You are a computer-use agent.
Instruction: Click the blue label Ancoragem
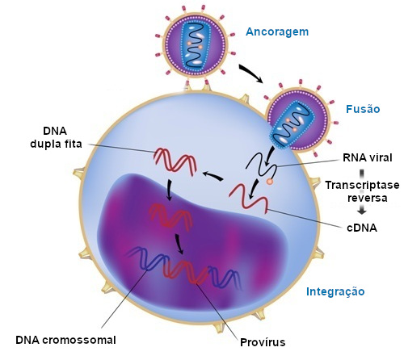coord(277,32)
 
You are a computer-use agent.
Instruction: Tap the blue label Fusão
coord(363,109)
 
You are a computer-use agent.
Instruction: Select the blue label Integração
coord(335,291)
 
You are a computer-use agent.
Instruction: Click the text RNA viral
coord(368,157)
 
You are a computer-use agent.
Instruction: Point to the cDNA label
coord(362,228)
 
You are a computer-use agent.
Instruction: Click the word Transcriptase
coord(362,185)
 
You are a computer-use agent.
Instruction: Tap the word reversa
coord(367,198)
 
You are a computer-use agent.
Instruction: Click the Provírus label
coord(263,342)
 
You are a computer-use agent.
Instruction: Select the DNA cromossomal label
coord(65,340)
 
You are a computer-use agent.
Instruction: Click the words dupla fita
coord(56,144)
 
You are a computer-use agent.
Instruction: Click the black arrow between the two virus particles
coord(250,73)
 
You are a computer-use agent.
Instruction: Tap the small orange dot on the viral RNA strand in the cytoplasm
coord(269,182)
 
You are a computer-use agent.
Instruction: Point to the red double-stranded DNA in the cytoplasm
coord(175,162)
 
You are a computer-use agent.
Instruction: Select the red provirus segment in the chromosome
coord(185,272)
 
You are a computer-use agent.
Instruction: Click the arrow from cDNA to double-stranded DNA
coord(213,175)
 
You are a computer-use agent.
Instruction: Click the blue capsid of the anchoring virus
coord(195,45)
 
